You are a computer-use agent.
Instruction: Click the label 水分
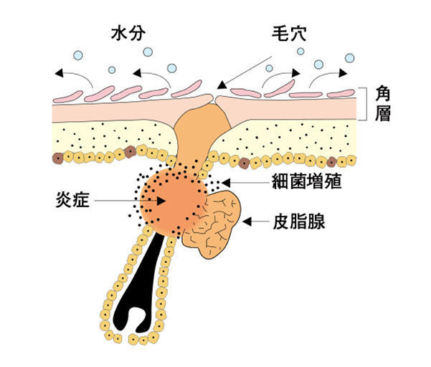[128, 34]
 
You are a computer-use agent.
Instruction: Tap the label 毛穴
[289, 34]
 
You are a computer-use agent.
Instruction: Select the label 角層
[383, 103]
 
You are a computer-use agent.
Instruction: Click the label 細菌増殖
[307, 181]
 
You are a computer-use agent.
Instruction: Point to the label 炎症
[72, 199]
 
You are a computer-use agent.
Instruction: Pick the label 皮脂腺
[299, 221]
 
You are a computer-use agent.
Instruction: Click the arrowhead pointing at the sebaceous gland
[247, 221]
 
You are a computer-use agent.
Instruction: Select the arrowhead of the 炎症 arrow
[161, 201]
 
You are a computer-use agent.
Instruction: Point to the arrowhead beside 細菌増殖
[226, 183]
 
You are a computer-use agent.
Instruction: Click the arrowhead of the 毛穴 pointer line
[222, 85]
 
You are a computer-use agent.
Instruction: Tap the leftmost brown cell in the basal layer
[57, 158]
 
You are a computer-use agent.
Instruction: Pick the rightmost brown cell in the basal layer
[331, 162]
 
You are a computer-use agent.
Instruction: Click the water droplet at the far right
[350, 58]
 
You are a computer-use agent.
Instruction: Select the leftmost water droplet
[78, 55]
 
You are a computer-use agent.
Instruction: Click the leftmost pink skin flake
[68, 97]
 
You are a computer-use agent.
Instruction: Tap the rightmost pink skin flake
[341, 94]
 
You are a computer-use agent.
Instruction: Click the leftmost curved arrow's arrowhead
[59, 73]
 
